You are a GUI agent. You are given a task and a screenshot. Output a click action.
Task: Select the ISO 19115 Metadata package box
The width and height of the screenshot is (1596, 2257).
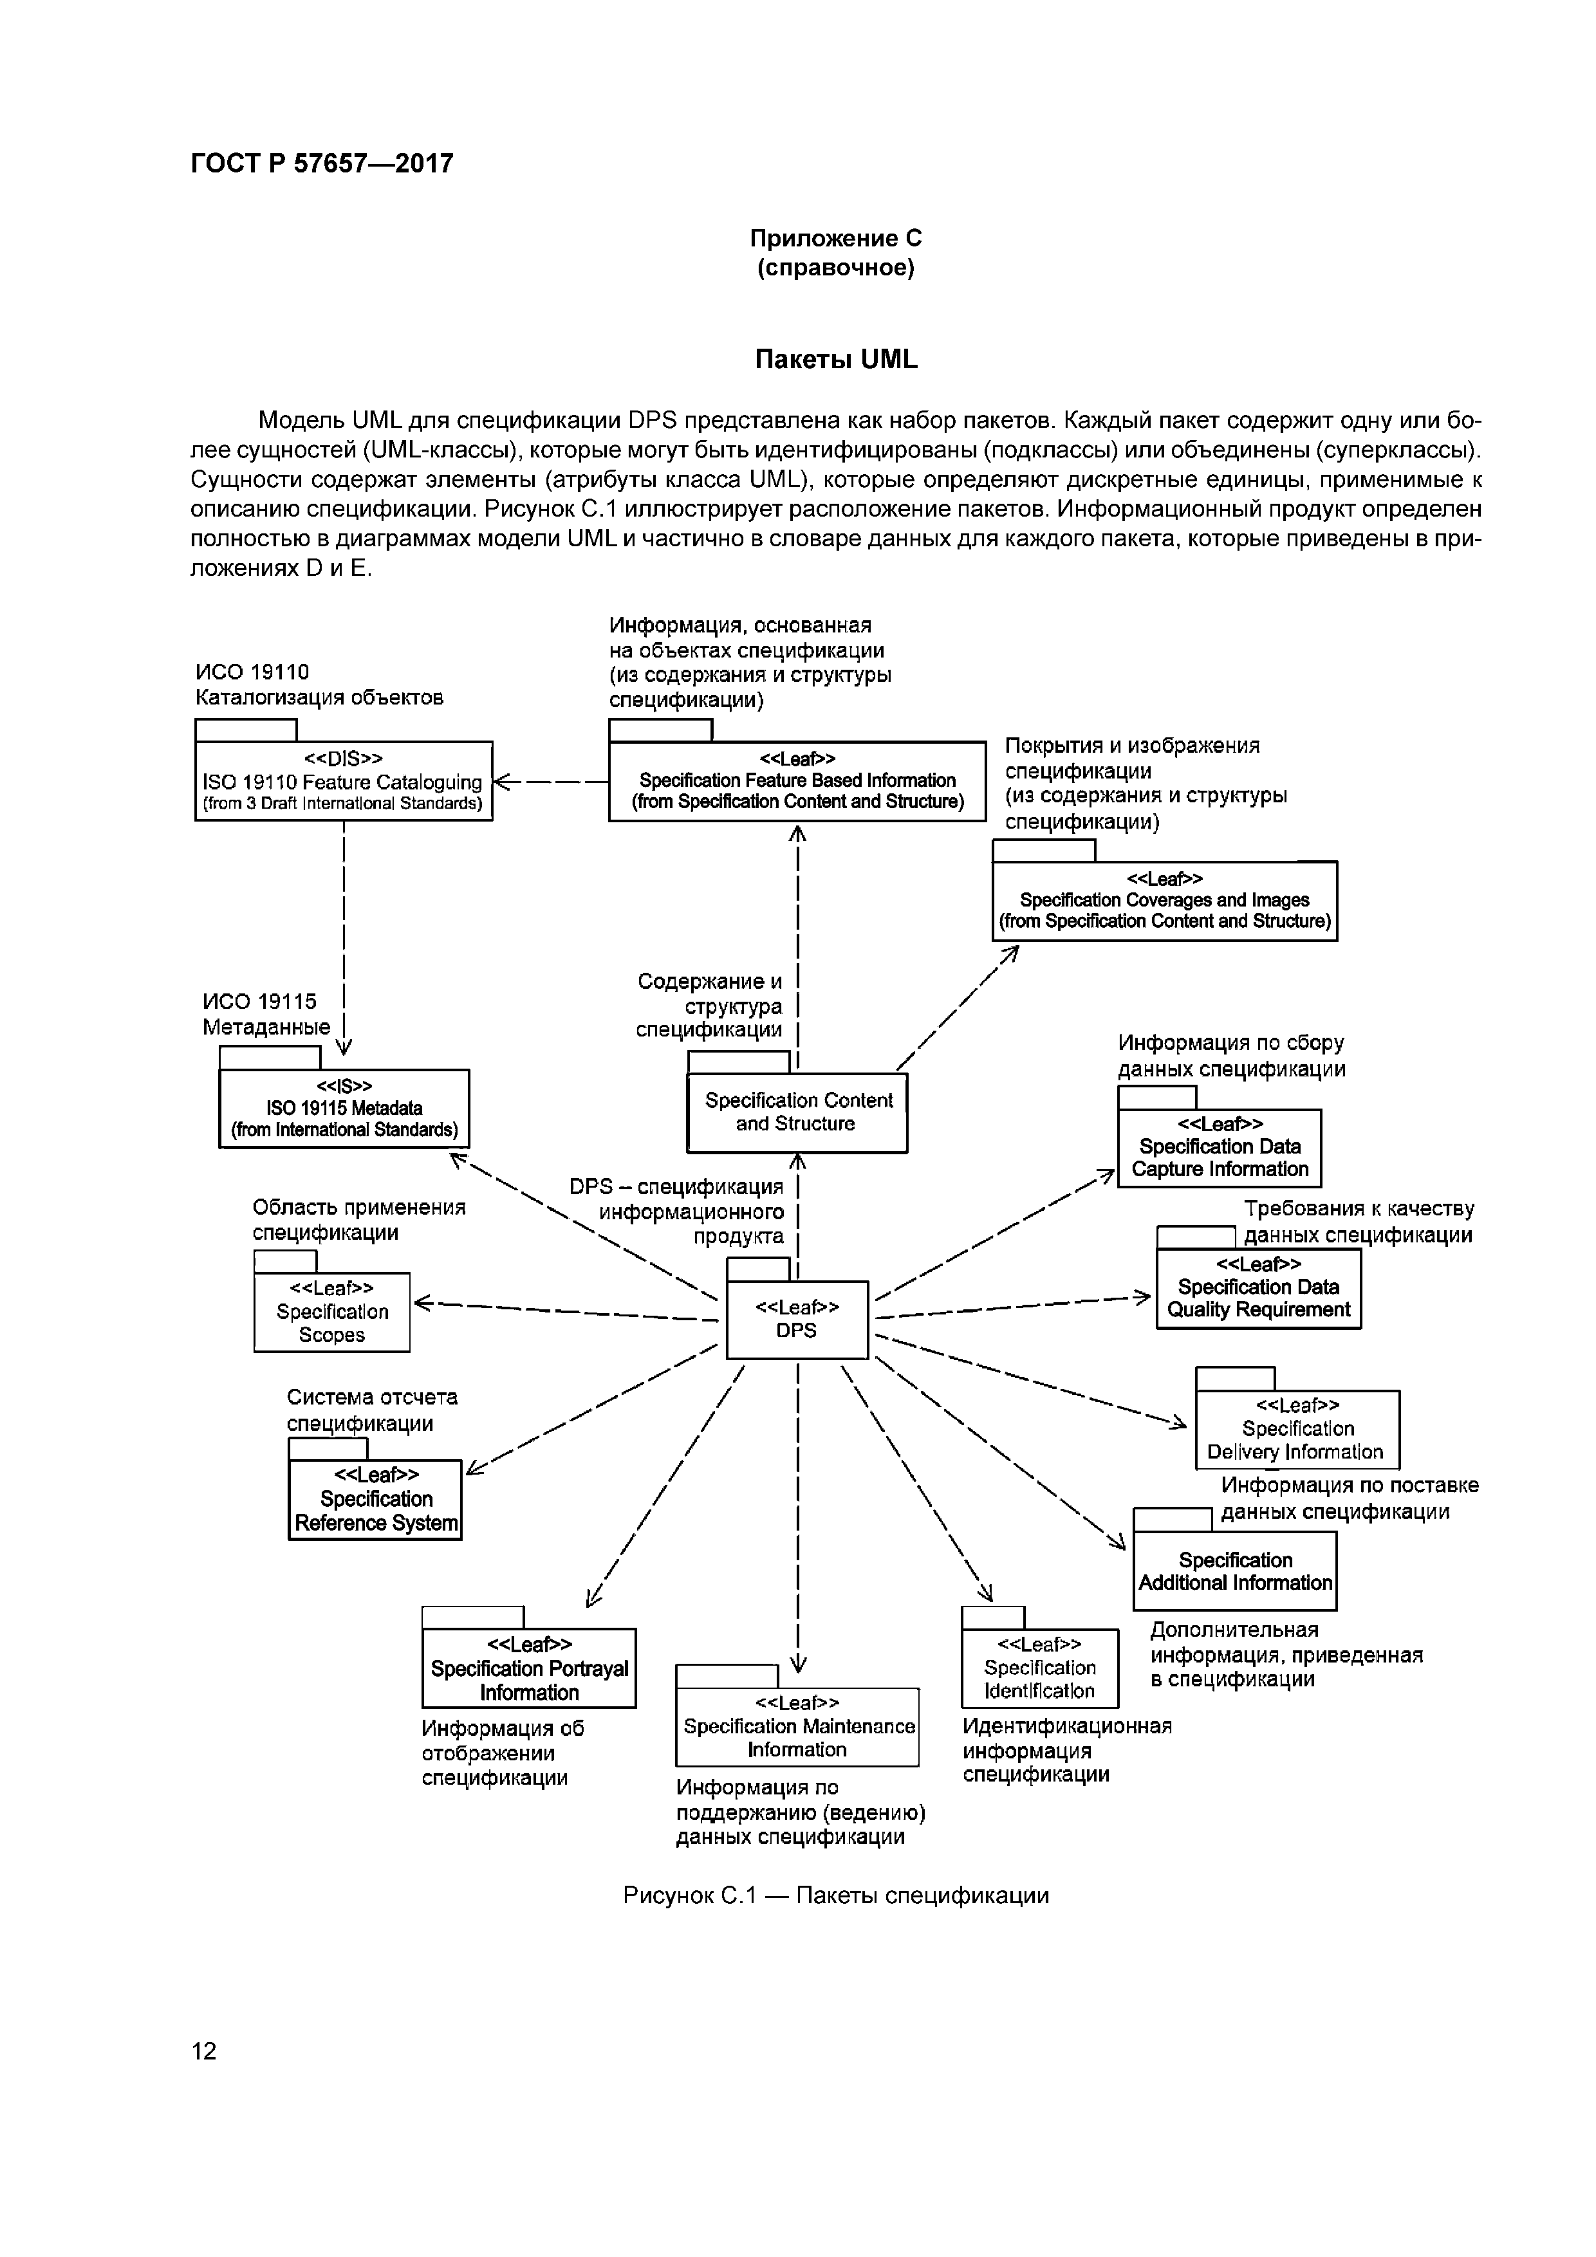(x=344, y=1108)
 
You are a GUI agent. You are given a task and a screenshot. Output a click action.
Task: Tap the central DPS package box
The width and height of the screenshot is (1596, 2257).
(x=797, y=1319)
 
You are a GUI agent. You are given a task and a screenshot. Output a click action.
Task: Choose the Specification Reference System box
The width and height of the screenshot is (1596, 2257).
(x=375, y=1499)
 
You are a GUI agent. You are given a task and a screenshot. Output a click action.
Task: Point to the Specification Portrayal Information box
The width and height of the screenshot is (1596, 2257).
(x=529, y=1668)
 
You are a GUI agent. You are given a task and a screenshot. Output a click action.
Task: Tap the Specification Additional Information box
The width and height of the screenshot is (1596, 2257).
(x=1235, y=1571)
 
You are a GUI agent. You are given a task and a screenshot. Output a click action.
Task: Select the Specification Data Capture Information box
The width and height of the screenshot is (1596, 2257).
(x=1220, y=1147)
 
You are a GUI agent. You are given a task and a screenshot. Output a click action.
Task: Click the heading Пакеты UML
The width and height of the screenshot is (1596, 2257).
(x=836, y=360)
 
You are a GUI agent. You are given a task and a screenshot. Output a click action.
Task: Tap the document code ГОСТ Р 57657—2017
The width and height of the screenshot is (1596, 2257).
(x=322, y=163)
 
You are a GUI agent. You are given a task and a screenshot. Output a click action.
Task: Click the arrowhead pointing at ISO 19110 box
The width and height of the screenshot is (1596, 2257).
(x=501, y=782)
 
